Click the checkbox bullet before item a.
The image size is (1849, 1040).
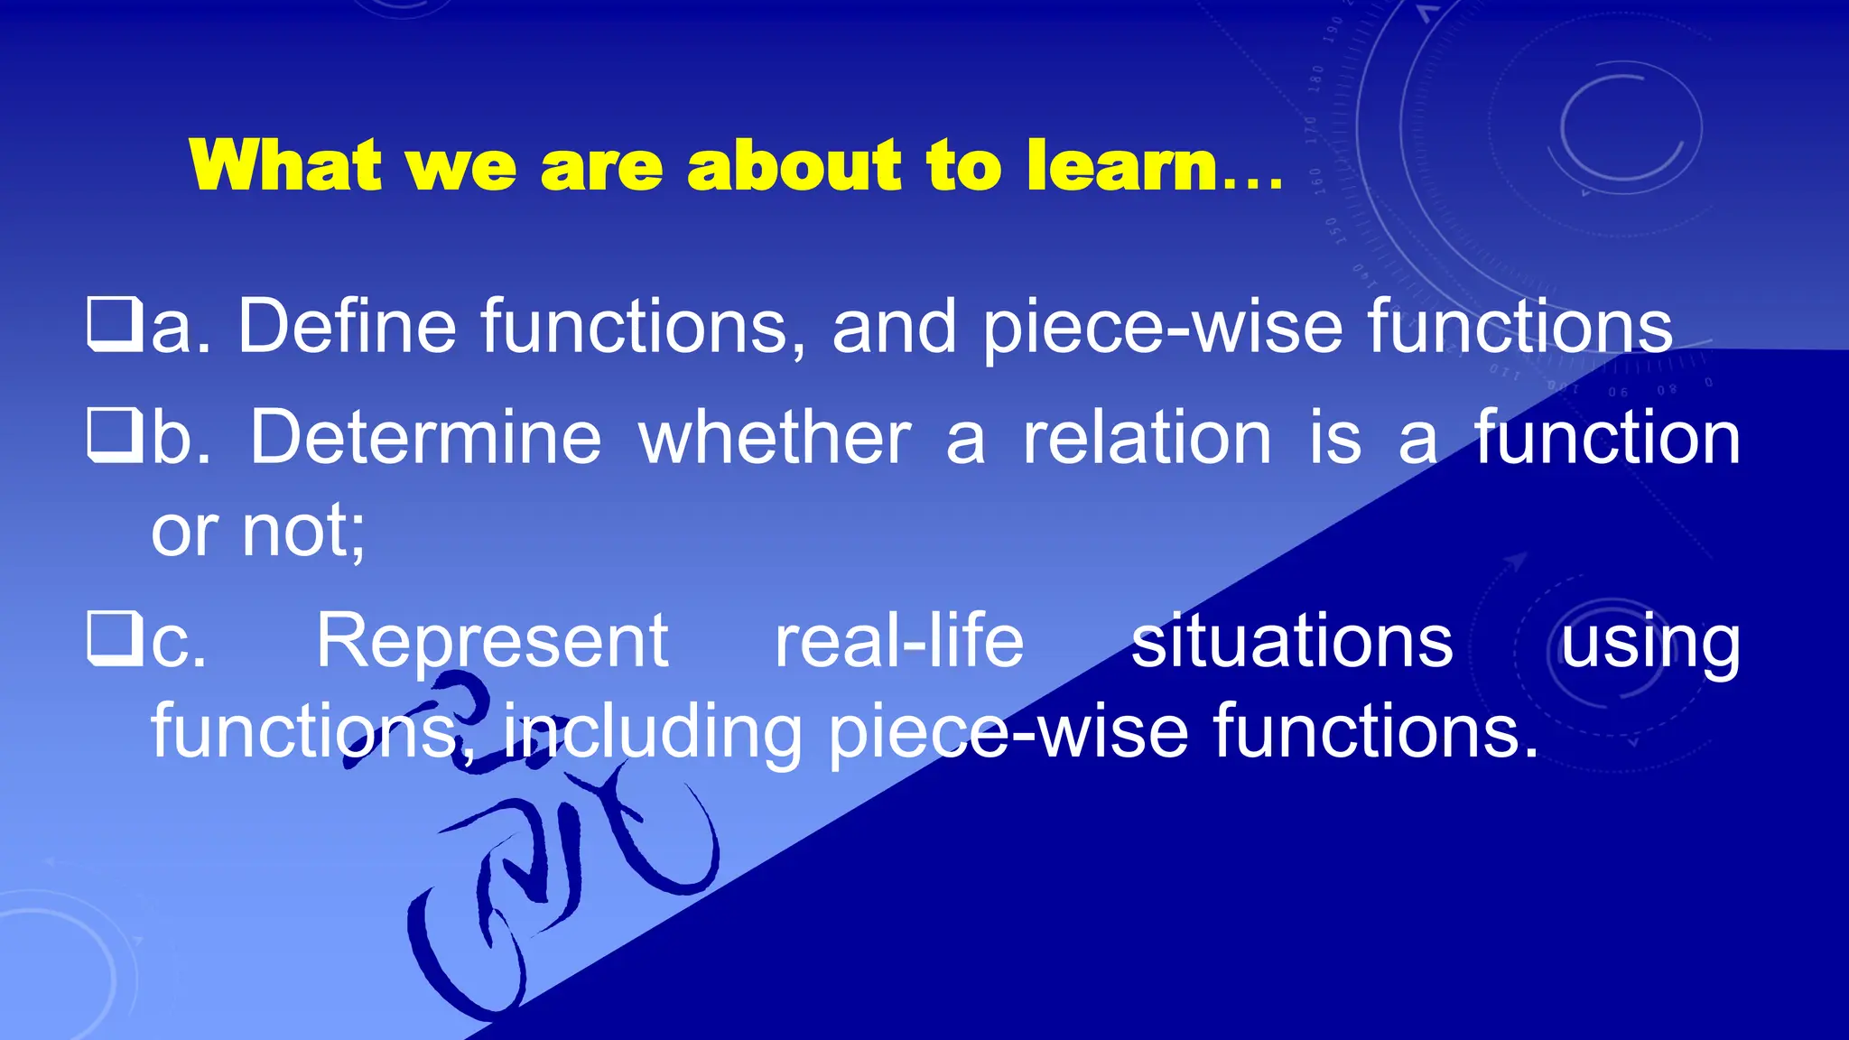(114, 325)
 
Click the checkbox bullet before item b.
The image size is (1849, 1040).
(114, 436)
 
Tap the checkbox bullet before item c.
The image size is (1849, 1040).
(114, 639)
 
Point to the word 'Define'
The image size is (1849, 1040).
(348, 326)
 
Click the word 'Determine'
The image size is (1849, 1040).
(425, 437)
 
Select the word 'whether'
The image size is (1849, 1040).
(775, 437)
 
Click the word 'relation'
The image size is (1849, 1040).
(1147, 437)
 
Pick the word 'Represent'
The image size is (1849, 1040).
(492, 640)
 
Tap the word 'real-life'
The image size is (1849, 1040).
(899, 640)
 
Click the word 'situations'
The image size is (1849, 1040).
(1292, 640)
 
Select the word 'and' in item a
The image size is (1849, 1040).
(894, 326)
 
